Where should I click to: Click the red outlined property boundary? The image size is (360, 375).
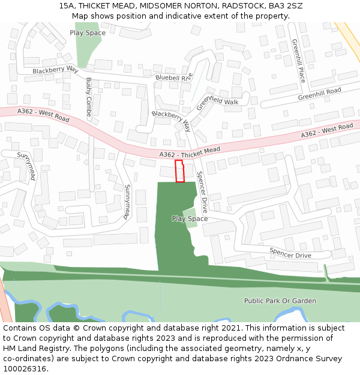tap(179, 171)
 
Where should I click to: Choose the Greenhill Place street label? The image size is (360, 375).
tap(298, 61)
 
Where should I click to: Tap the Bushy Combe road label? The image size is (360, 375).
tap(89, 97)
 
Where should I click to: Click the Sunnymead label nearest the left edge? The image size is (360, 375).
tap(27, 166)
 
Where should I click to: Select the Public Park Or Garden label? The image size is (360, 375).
tap(280, 301)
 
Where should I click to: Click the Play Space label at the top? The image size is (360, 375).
tap(87, 33)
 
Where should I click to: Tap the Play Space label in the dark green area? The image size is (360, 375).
tap(190, 218)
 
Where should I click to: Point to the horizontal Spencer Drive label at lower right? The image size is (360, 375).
tap(290, 253)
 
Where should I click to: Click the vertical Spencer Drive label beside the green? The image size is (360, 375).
tap(202, 192)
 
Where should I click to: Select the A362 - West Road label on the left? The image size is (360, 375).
tap(43, 115)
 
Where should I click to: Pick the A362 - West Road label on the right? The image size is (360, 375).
tap(327, 130)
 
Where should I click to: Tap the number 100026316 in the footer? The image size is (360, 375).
tap(25, 368)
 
